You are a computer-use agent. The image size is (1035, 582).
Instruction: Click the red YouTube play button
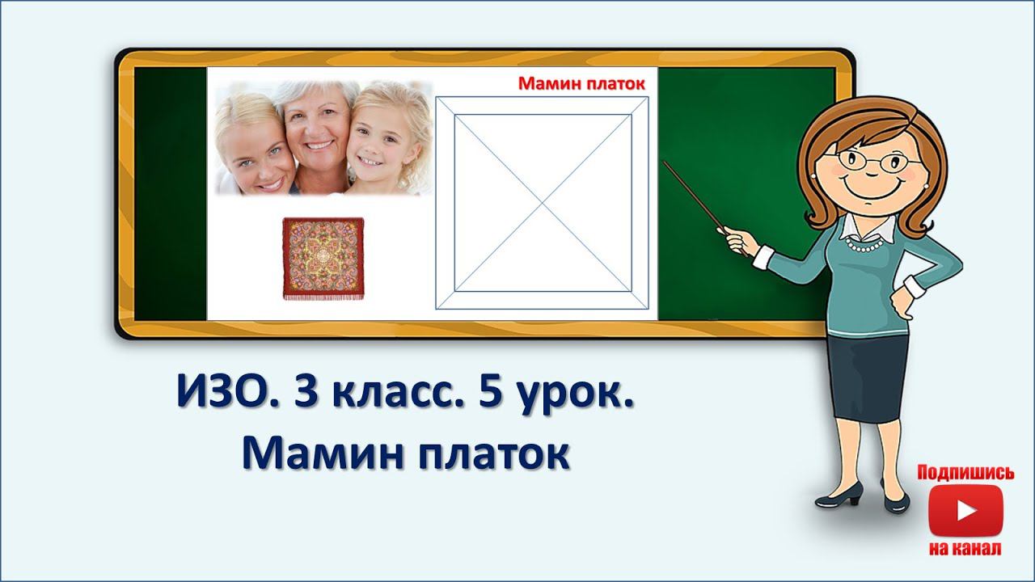point(965,511)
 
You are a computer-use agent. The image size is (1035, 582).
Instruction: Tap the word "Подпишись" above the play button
point(965,473)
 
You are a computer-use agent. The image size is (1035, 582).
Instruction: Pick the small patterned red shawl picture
point(323,258)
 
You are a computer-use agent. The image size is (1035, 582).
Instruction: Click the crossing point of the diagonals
point(542,203)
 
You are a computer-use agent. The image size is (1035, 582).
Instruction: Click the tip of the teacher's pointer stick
point(665,162)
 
